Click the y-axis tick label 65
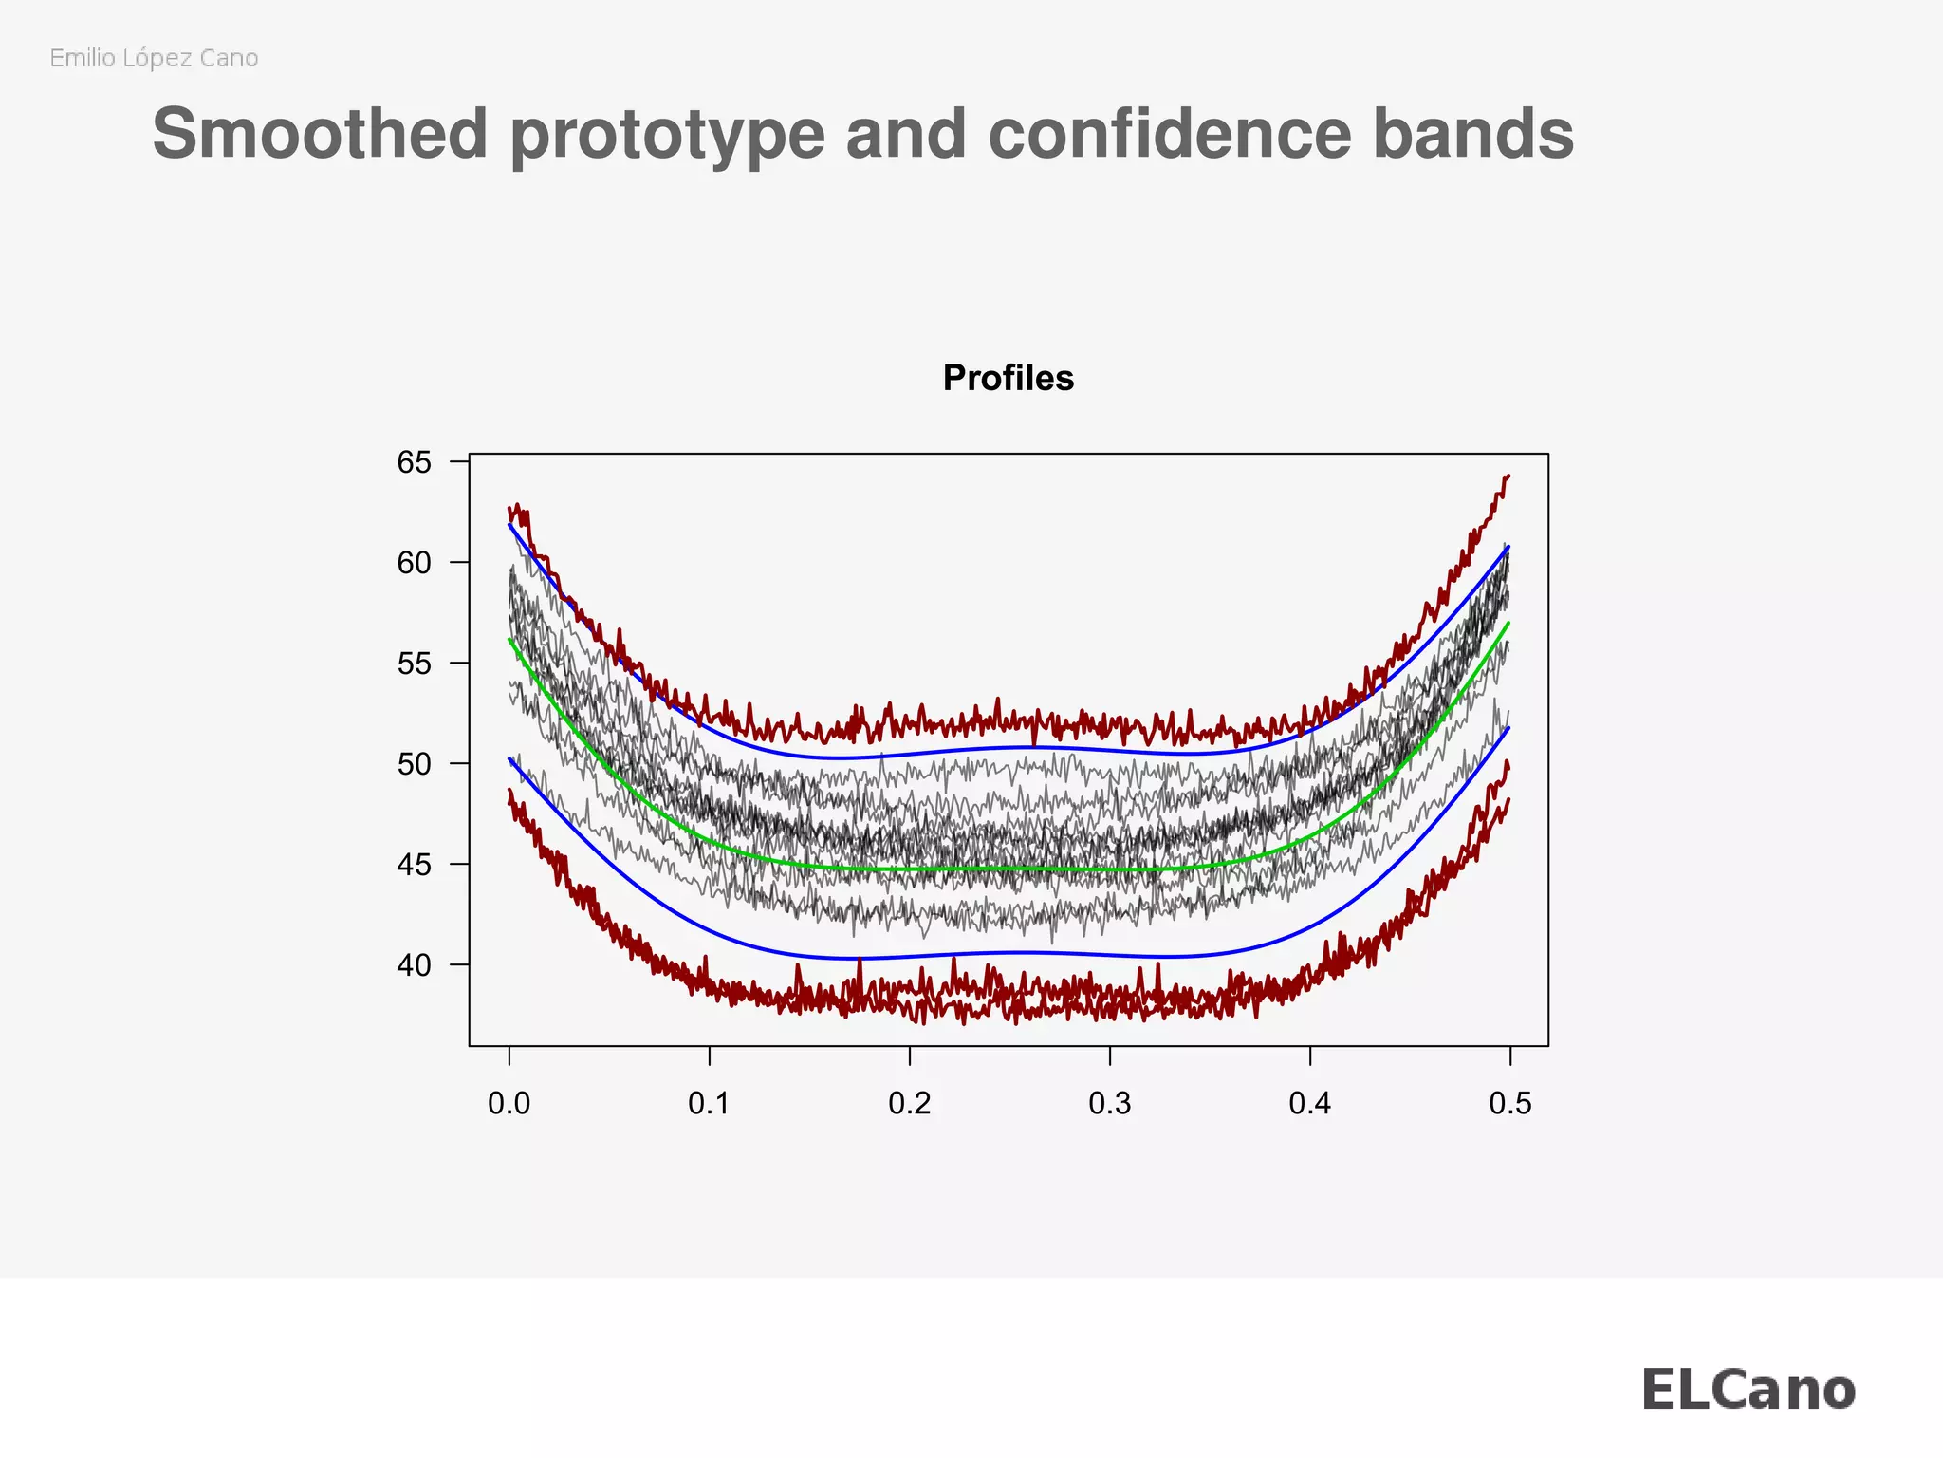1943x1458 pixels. point(414,463)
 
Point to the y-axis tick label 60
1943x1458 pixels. point(414,564)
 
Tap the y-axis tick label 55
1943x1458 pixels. point(414,664)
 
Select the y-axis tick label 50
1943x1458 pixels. point(414,765)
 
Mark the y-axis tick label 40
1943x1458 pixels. point(414,966)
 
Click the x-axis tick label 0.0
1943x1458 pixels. point(509,1104)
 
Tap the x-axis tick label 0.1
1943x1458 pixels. point(710,1104)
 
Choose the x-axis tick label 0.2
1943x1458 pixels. point(910,1104)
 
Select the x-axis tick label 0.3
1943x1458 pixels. point(1110,1104)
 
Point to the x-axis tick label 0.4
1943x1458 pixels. point(1310,1104)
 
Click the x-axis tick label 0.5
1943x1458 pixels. point(1510,1104)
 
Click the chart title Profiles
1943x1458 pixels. point(1009,379)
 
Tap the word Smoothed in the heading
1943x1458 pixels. point(320,134)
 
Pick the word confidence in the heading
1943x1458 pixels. point(1169,134)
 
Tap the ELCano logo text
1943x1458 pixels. point(1748,1391)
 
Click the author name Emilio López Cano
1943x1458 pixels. point(154,59)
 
